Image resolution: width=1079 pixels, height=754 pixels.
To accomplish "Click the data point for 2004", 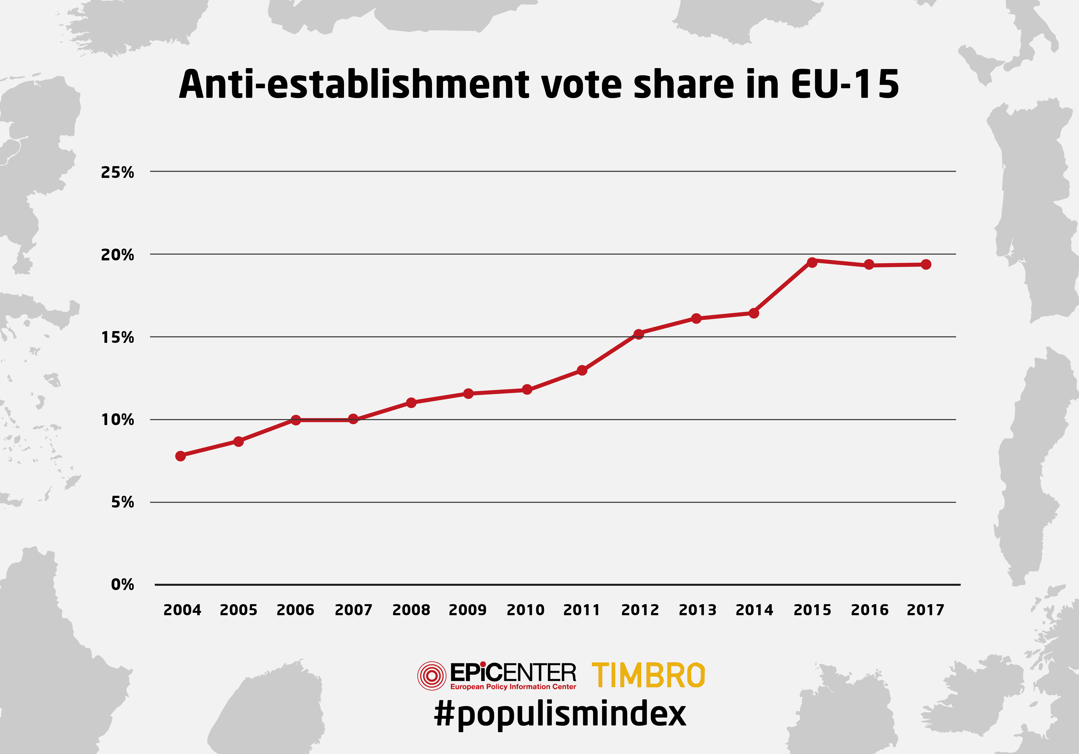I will [x=181, y=456].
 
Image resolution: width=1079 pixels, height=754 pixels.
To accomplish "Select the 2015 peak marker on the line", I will [x=812, y=262].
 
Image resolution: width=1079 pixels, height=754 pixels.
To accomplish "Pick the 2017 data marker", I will [x=926, y=264].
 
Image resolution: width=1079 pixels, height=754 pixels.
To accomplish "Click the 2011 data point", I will [x=582, y=370].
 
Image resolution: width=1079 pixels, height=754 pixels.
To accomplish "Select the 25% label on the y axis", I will [x=117, y=173].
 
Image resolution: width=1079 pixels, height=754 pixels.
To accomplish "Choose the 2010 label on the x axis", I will [x=525, y=610].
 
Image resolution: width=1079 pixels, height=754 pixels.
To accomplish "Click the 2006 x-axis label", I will [x=295, y=610].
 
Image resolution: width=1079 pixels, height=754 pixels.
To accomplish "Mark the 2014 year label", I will [x=754, y=610].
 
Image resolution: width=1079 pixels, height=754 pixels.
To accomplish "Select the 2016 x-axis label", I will [x=869, y=610].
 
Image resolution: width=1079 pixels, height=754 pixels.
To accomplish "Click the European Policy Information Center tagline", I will [x=513, y=687].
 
